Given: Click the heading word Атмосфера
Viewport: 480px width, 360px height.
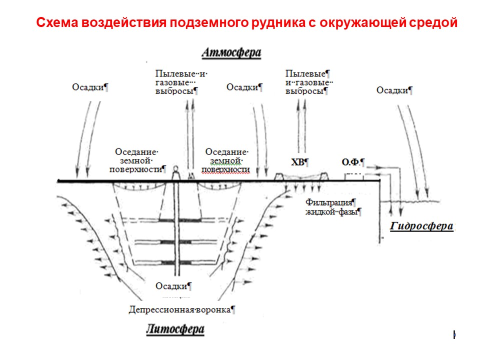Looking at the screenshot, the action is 231,52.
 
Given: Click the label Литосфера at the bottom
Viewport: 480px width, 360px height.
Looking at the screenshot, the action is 175,329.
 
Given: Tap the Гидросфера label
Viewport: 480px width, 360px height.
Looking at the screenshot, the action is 421,226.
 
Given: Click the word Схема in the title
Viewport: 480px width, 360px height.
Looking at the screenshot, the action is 57,22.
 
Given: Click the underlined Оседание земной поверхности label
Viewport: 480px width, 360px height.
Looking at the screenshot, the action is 225,160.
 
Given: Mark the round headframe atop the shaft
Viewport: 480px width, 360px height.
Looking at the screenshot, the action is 175,168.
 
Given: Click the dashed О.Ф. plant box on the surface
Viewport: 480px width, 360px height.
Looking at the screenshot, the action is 354,177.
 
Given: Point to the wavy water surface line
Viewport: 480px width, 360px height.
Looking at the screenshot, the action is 409,201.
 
